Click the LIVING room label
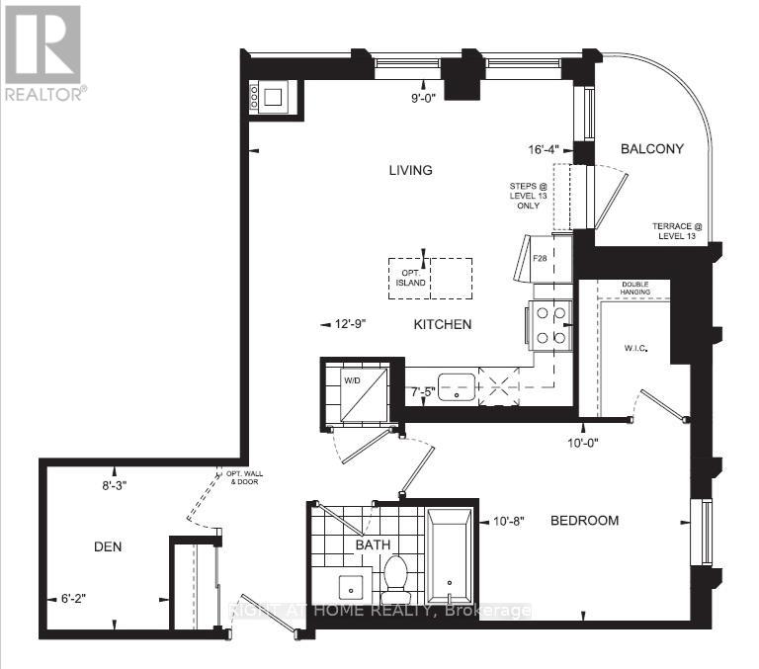(x=410, y=170)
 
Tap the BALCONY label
(x=652, y=149)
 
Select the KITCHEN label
(x=442, y=324)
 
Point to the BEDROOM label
(x=584, y=521)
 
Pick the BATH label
(x=374, y=544)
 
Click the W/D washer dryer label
(x=353, y=378)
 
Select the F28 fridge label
(x=541, y=259)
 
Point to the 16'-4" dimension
(x=544, y=150)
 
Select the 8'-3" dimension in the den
(x=115, y=485)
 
